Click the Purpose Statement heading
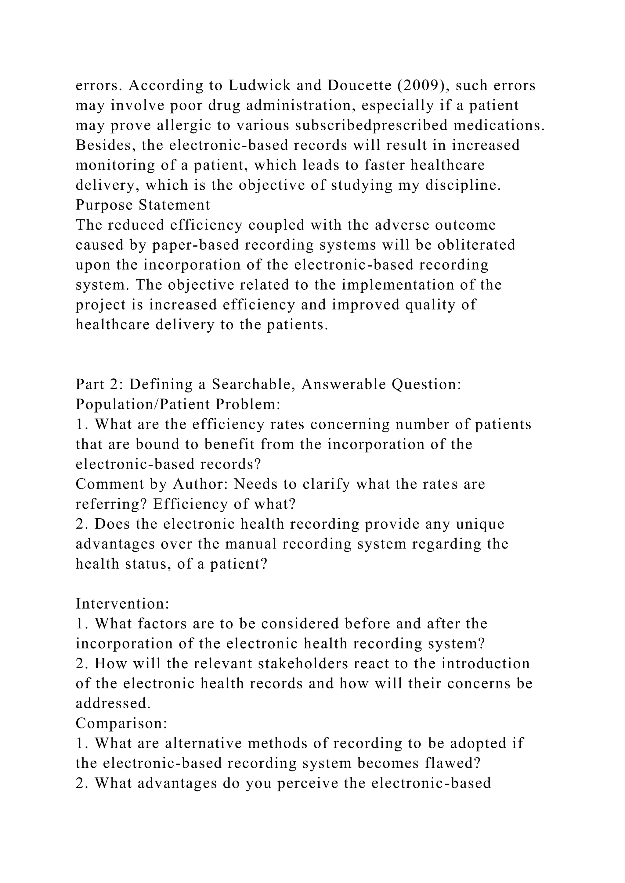pos(143,205)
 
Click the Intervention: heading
pos(122,603)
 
